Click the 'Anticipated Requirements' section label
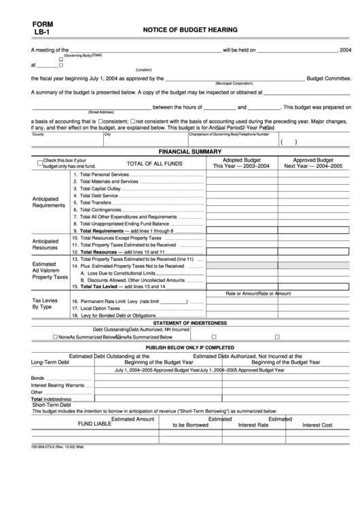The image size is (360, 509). [49, 202]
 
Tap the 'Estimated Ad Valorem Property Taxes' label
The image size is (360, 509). [50, 270]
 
